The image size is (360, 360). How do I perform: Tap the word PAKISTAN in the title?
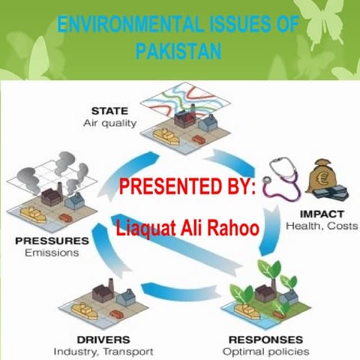(x=180, y=52)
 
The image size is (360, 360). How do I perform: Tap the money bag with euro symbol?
(x=325, y=178)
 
